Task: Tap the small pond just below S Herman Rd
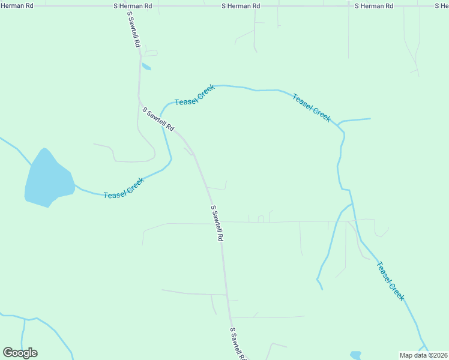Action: (x=146, y=67)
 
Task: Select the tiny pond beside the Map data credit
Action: (x=356, y=355)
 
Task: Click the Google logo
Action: (x=20, y=353)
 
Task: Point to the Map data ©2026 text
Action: (x=423, y=355)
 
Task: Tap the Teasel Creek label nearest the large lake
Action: (x=124, y=188)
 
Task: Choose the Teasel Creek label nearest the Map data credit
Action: (x=390, y=281)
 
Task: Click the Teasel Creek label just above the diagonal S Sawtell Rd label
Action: (x=194, y=95)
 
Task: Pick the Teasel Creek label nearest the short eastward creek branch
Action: (x=312, y=108)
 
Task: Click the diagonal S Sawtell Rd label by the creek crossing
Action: (x=158, y=119)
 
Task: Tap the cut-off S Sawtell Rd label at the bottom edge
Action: (x=238, y=344)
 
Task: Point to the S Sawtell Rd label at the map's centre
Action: (x=217, y=223)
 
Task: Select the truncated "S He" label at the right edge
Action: (x=441, y=5)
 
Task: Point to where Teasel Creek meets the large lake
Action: (x=74, y=187)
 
